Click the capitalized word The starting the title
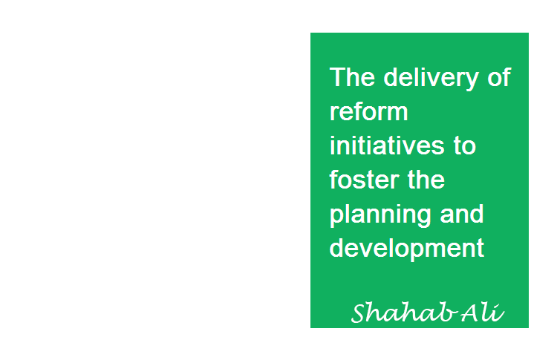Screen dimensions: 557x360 (x=352, y=77)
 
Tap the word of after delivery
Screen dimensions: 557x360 (x=499, y=76)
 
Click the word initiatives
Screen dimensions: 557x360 (x=387, y=145)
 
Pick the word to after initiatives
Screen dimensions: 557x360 (x=465, y=146)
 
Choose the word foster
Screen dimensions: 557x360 (x=363, y=180)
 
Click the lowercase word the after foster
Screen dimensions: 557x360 (x=426, y=180)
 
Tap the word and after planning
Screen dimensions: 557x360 (x=462, y=213)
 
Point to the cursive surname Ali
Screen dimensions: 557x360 (x=483, y=312)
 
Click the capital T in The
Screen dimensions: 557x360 (x=336, y=77)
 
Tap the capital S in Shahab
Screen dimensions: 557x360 (x=361, y=312)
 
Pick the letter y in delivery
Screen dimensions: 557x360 (x=472, y=82)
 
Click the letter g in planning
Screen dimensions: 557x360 (x=425, y=219)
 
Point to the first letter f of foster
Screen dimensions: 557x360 (x=334, y=180)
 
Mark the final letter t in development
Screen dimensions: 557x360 (x=481, y=249)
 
